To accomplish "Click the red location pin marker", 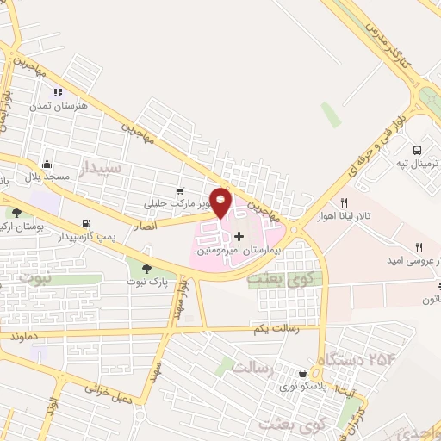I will [x=221, y=202].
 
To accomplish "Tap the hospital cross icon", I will [x=239, y=236].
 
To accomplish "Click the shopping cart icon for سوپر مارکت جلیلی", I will [x=179, y=191].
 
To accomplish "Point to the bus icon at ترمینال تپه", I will [x=418, y=148].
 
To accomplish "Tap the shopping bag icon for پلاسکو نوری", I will [x=302, y=373].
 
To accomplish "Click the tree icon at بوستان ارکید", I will [x=16, y=213].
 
